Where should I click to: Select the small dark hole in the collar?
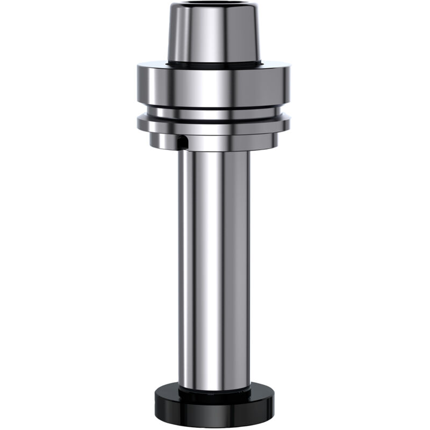pyautogui.click(x=183, y=142)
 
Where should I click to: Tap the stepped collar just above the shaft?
pyautogui.click(x=226, y=142)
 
